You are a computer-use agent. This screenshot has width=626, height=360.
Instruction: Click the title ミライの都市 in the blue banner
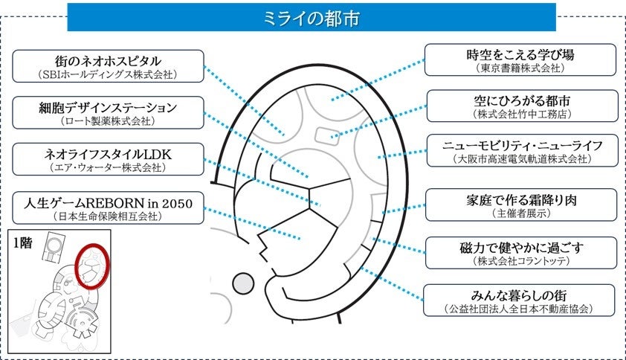point(312,18)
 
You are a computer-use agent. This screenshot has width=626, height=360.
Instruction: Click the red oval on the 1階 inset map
point(93,266)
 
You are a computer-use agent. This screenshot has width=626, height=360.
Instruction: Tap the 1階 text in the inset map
point(25,242)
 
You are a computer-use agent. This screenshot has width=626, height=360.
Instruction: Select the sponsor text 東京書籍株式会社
point(520,68)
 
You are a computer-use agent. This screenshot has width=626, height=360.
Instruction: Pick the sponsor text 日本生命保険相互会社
point(108,216)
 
